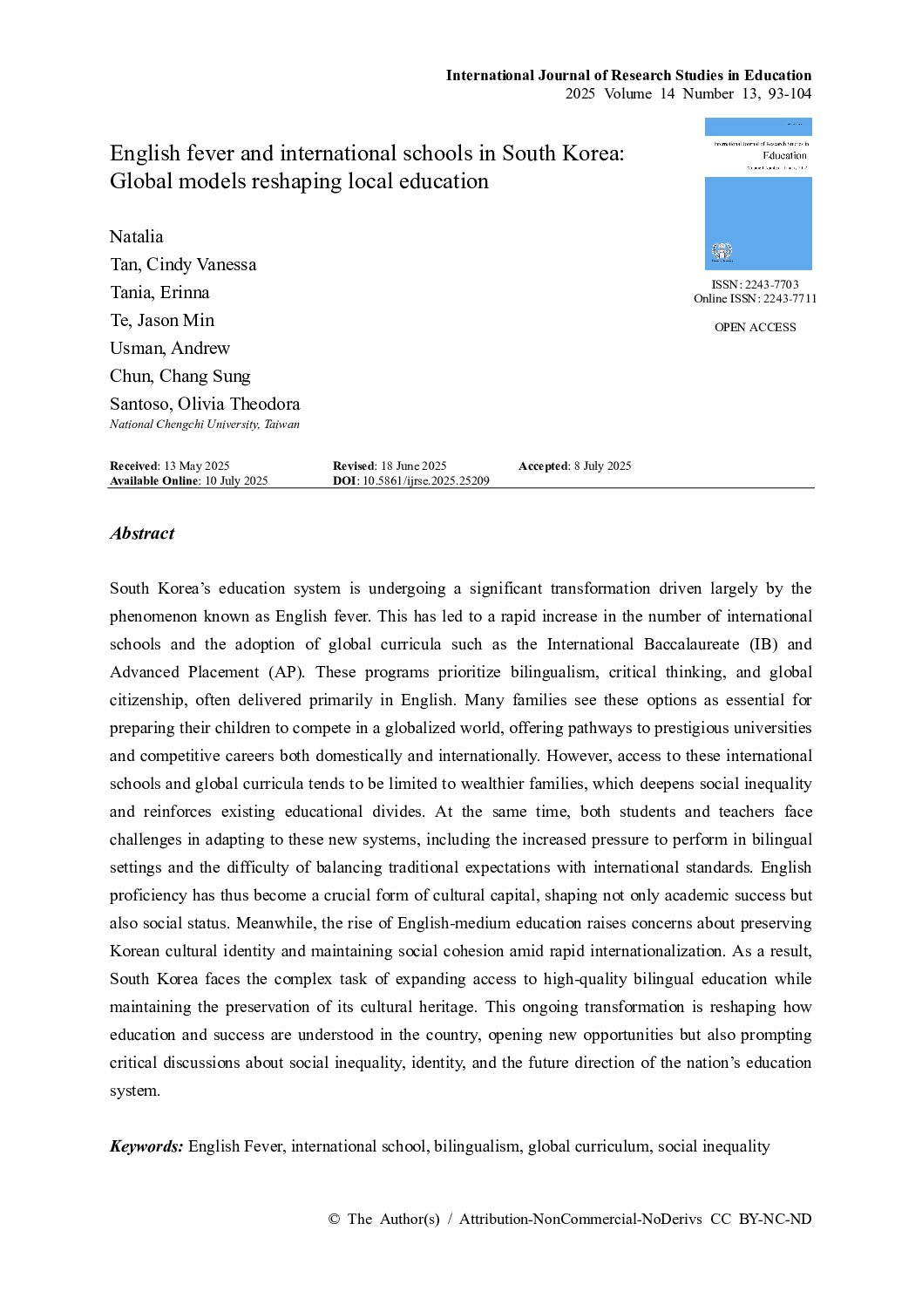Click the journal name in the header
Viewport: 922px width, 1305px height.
point(628,75)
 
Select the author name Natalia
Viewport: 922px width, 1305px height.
point(136,236)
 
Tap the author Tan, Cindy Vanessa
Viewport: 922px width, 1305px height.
point(183,264)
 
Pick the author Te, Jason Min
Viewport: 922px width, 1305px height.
point(162,320)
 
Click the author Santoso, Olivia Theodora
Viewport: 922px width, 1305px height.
point(205,404)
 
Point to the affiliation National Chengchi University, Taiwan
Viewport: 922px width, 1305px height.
point(205,425)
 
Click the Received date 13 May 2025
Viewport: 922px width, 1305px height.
point(196,466)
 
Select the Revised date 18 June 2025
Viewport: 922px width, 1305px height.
point(412,466)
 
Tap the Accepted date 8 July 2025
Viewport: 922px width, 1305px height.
point(601,466)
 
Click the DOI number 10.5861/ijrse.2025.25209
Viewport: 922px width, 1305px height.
point(426,480)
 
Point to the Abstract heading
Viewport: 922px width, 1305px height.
point(142,534)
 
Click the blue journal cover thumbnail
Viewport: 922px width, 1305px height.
point(758,194)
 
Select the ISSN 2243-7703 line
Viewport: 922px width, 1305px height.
point(755,284)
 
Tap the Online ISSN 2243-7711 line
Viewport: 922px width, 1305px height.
point(755,298)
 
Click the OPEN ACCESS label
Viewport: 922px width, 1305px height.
point(755,327)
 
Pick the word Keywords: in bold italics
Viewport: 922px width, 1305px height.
point(146,1146)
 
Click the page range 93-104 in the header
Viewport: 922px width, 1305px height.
point(788,94)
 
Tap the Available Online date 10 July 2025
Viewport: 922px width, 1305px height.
point(236,480)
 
